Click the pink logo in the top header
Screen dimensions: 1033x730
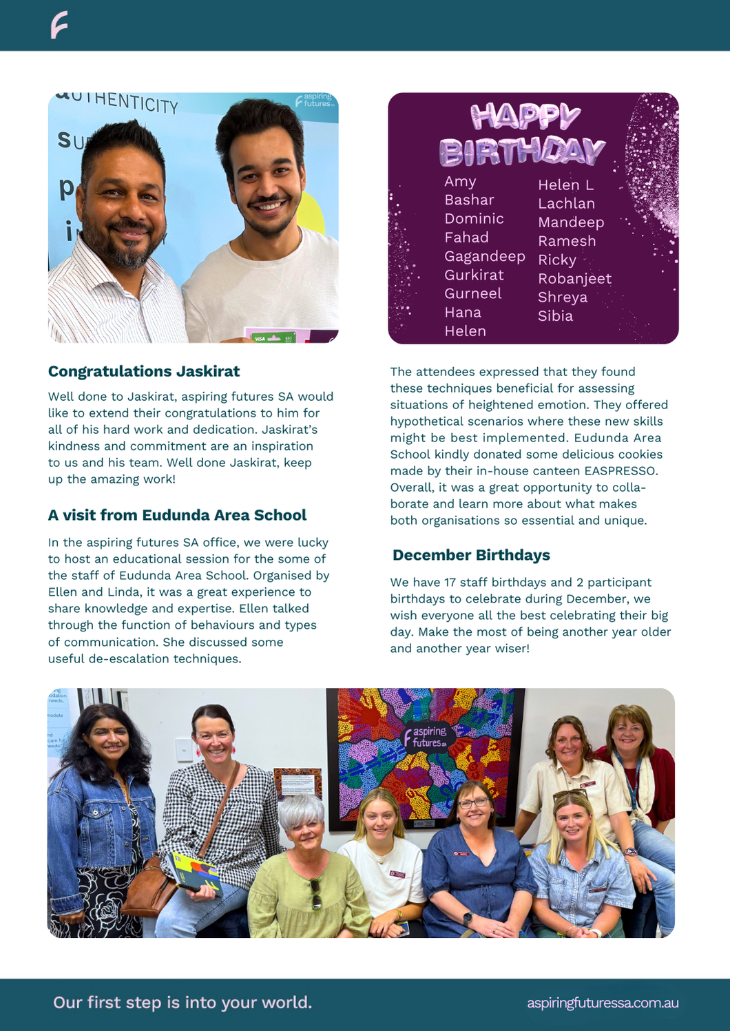[59, 25]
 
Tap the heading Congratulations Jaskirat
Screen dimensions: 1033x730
[144, 371]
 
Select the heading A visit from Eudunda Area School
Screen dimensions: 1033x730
[177, 515]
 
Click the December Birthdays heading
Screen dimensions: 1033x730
[471, 555]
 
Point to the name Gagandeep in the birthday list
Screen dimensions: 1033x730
[484, 256]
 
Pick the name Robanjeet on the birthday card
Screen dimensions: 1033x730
[574, 278]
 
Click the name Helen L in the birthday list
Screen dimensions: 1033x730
[565, 185]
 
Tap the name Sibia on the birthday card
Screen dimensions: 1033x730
[555, 316]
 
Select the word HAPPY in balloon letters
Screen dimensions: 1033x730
[525, 116]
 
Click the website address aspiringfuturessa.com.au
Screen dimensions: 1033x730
[603, 1003]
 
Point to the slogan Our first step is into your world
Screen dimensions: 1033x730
[182, 1002]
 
